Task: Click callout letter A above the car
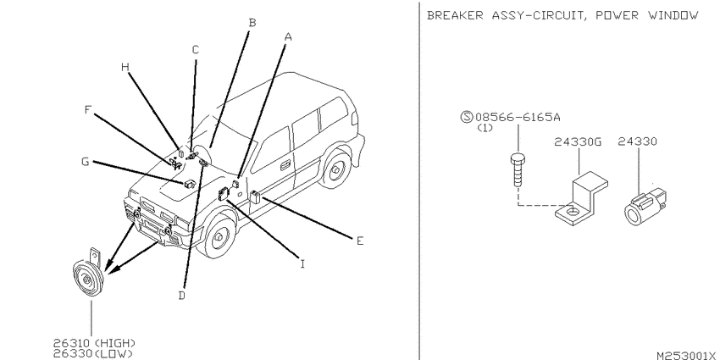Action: (288, 36)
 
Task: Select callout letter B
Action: (252, 22)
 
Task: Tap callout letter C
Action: (196, 50)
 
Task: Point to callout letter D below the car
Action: (182, 296)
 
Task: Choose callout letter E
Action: (360, 241)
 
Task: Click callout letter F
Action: (89, 110)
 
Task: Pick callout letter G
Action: (85, 162)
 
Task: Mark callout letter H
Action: (125, 67)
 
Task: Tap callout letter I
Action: (302, 264)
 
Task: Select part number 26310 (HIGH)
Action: (94, 343)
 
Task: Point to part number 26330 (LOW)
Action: (93, 353)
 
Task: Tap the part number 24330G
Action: (578, 142)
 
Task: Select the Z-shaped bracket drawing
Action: (582, 199)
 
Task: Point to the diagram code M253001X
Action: (686, 356)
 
